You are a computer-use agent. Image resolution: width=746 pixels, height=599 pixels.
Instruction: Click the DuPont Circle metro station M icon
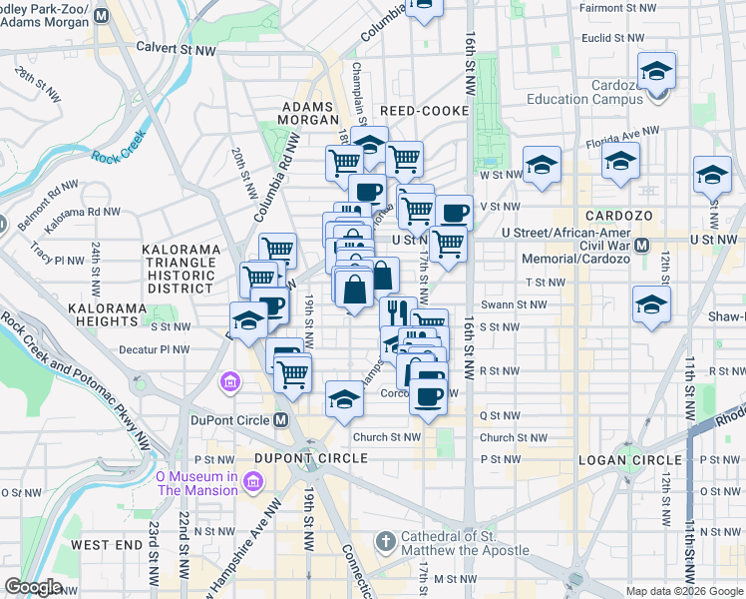282,420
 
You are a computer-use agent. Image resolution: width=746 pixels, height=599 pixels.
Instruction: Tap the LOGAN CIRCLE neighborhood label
629,459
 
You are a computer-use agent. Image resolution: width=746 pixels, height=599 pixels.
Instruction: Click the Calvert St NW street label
176,48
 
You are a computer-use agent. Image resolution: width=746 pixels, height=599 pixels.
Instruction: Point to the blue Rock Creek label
119,156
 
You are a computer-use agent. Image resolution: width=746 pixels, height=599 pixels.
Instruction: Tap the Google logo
33,587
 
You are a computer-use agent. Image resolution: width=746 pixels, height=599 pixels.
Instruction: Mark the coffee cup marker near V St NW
454,213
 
